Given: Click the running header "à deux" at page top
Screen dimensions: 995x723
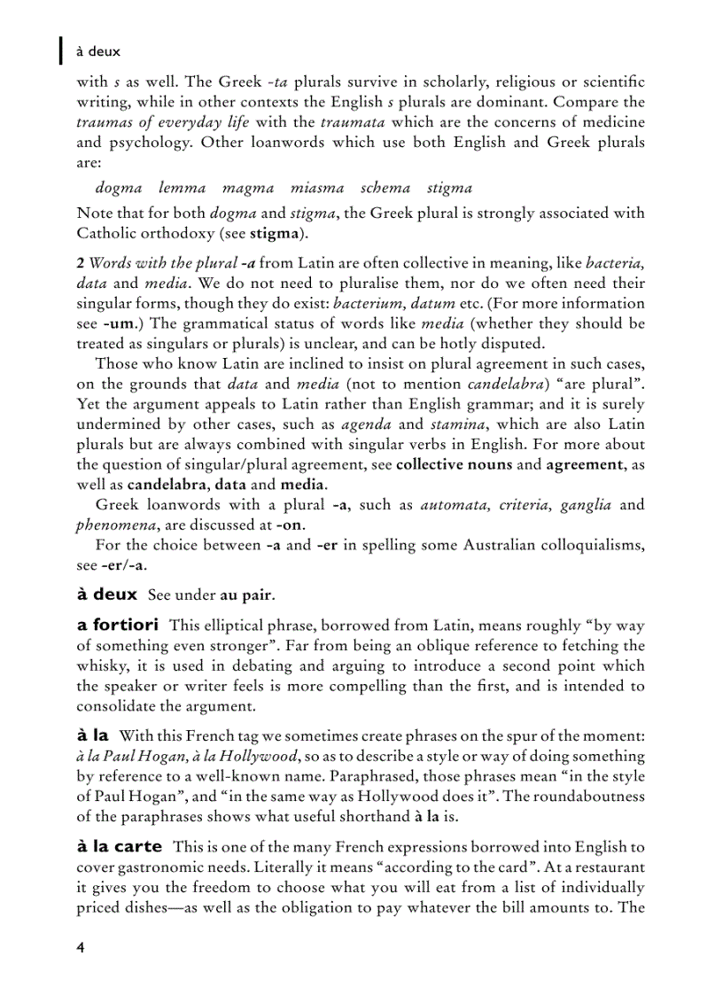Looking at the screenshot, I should point(98,52).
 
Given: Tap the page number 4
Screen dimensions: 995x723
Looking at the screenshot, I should point(82,947).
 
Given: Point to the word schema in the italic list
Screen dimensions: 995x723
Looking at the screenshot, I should point(385,188).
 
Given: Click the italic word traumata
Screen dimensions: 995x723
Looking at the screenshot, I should point(352,122).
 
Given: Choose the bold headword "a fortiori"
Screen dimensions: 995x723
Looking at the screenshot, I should point(118,626).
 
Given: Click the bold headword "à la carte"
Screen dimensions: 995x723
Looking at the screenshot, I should point(120,846).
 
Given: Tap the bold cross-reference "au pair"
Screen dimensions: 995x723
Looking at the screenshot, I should point(246,595).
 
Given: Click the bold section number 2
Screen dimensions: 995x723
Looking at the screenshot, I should point(81,263).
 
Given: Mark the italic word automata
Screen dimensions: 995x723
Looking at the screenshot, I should point(455,505).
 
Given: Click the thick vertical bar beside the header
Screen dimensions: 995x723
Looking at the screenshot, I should point(61,51).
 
